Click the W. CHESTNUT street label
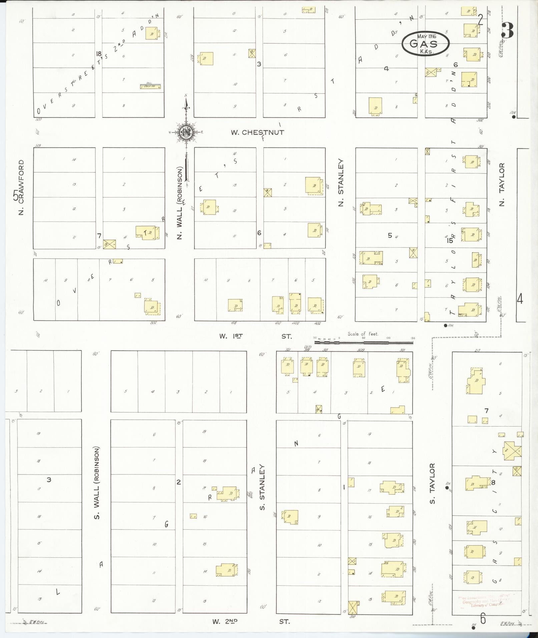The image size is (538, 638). pyautogui.click(x=257, y=132)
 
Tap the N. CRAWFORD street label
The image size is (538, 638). pyautogui.click(x=22, y=187)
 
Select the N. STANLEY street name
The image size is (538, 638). pyautogui.click(x=341, y=182)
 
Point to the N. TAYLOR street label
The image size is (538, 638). pyautogui.click(x=502, y=184)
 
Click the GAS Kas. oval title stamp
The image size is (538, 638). pyautogui.click(x=425, y=44)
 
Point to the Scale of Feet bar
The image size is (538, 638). pyautogui.click(x=364, y=342)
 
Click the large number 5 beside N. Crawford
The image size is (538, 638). pyautogui.click(x=15, y=196)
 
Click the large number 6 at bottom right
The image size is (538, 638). pyautogui.click(x=483, y=619)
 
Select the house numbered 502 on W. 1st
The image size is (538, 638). pyautogui.click(x=152, y=306)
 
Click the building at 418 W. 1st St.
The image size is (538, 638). pyautogui.click(x=235, y=305)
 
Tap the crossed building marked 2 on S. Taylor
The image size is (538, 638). pyautogui.click(x=512, y=451)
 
